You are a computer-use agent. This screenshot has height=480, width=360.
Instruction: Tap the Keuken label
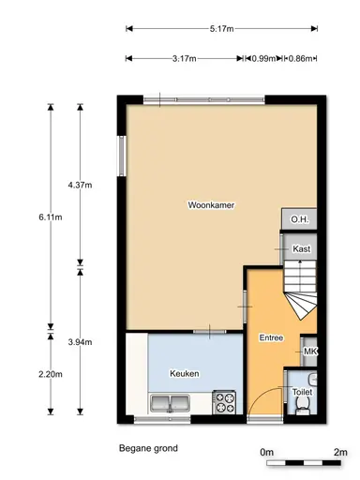click(184, 373)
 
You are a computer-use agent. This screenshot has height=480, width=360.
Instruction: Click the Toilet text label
click(302, 393)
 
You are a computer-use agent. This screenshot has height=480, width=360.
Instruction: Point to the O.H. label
click(299, 220)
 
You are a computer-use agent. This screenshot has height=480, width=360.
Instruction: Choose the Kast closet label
click(302, 248)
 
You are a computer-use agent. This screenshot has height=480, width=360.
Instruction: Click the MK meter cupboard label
click(310, 352)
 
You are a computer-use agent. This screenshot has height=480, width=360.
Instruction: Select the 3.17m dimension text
click(184, 59)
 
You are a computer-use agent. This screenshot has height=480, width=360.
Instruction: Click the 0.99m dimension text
click(262, 59)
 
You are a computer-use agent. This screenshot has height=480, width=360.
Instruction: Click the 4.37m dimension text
click(82, 185)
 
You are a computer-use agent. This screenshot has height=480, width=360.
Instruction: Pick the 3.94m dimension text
click(82, 342)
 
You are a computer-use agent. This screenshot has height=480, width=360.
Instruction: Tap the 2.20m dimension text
click(51, 374)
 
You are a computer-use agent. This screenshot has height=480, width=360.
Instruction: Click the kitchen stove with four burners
click(225, 402)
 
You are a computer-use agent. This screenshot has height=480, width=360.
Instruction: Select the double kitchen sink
click(171, 403)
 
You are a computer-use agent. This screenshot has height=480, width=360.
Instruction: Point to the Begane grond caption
click(148, 448)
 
